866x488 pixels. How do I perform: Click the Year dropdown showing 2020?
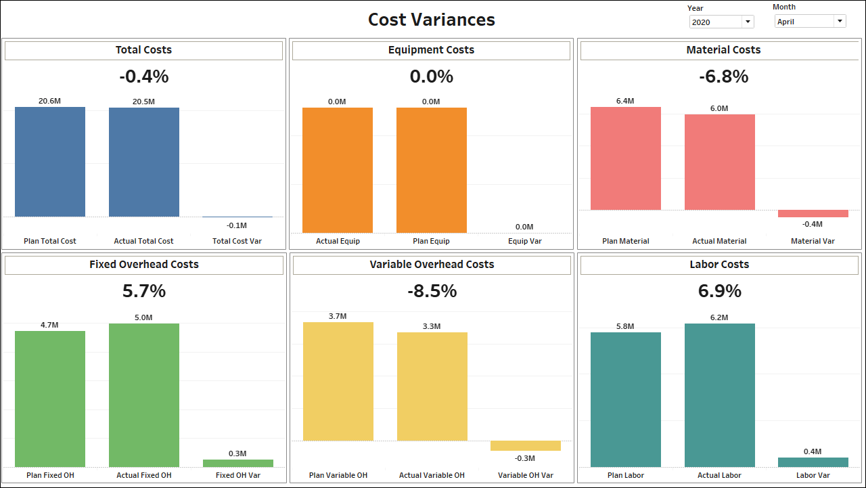click(x=721, y=22)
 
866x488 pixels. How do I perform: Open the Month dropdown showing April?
click(x=810, y=22)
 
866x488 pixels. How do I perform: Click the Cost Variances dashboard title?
click(x=432, y=20)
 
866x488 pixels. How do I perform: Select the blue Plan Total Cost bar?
click(x=50, y=162)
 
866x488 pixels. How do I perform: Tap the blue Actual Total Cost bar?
click(x=144, y=162)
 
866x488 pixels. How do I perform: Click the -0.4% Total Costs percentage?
click(x=143, y=76)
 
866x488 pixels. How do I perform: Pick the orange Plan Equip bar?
click(x=432, y=170)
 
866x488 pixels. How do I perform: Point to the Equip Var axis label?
click(x=525, y=241)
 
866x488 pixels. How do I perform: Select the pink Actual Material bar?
click(x=720, y=162)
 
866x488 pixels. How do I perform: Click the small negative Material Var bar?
click(x=813, y=214)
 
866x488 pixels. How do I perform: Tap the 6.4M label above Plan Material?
click(x=625, y=101)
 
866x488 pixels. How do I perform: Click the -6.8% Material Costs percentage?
click(x=723, y=76)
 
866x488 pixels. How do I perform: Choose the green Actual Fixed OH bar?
click(x=144, y=395)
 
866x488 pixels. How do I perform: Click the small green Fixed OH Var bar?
click(x=238, y=464)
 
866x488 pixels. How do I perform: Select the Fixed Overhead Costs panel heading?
click(x=143, y=265)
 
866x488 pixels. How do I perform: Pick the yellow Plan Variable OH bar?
click(x=338, y=382)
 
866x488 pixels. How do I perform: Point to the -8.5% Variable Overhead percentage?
click(x=432, y=291)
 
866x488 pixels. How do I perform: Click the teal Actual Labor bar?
click(x=720, y=395)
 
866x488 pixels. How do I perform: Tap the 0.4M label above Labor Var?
click(x=813, y=451)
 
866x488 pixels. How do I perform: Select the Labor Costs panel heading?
click(x=719, y=265)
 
